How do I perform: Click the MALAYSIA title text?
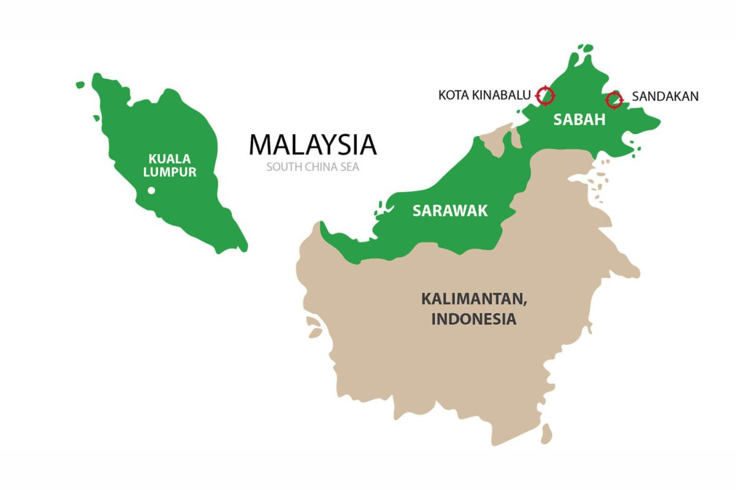tap(312, 145)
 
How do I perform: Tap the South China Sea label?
tap(312, 167)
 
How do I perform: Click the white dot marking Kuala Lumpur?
tap(151, 190)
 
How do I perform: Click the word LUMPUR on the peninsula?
tap(170, 172)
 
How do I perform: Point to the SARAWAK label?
tap(450, 211)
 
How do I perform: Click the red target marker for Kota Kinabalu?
tap(546, 95)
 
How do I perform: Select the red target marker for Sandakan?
tap(614, 99)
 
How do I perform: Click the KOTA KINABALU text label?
tap(484, 95)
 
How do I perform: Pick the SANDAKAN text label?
tap(665, 97)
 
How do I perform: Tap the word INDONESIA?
tap(473, 318)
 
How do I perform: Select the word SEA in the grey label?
tap(349, 167)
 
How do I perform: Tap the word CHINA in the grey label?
tap(319, 167)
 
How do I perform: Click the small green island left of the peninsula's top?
tap(80, 84)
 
